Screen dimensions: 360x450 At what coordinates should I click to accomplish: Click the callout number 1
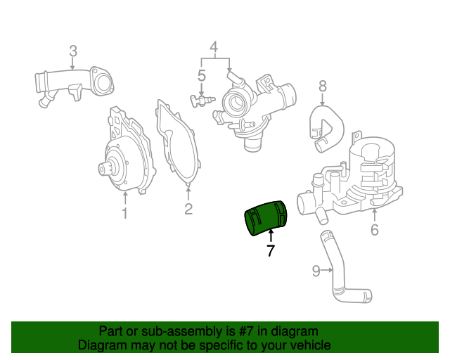click(124, 212)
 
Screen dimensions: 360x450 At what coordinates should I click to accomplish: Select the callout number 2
click(188, 209)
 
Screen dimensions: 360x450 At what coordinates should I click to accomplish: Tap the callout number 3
click(72, 51)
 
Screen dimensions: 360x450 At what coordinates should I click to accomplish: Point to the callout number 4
click(214, 49)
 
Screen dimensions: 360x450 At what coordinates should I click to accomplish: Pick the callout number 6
click(374, 229)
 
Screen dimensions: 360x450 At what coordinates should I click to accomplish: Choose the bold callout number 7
click(271, 250)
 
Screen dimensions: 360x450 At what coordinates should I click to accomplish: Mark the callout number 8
click(323, 86)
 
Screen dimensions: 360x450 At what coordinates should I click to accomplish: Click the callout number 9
click(316, 270)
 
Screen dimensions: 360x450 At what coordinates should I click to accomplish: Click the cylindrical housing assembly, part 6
click(359, 176)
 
